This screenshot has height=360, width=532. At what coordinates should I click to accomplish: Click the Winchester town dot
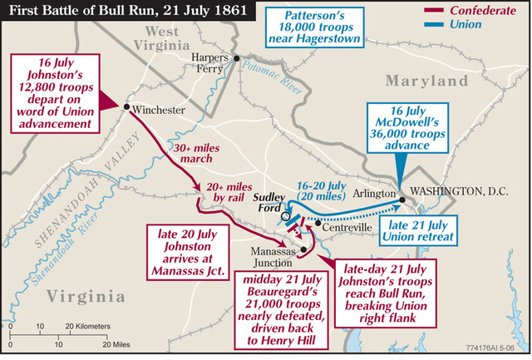(126, 106)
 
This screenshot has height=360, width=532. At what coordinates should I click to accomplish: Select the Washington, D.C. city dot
(402, 200)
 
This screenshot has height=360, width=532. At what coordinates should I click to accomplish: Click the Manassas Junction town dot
(303, 249)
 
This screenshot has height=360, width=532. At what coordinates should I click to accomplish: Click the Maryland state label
(427, 81)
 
